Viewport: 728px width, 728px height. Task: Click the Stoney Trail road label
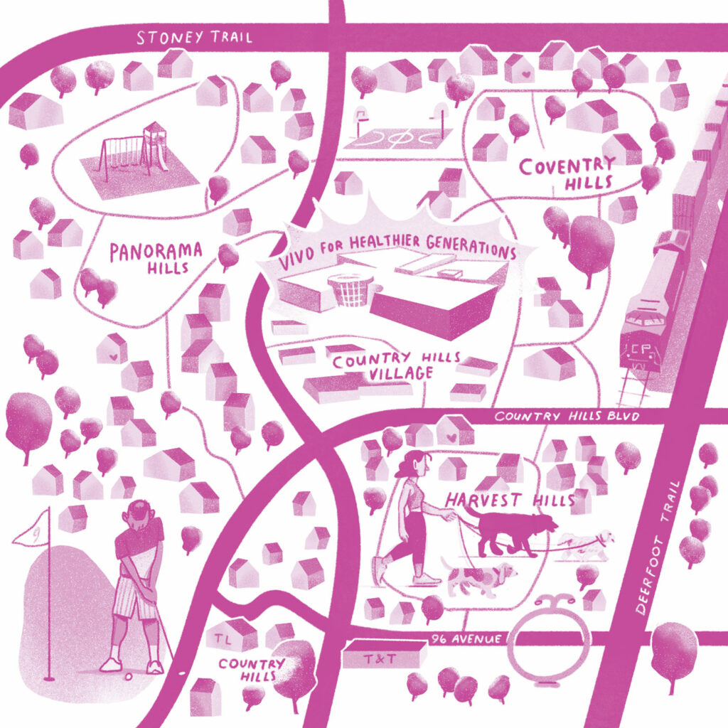click(193, 37)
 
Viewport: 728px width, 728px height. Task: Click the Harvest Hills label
click(509, 500)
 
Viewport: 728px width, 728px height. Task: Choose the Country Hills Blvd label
click(567, 416)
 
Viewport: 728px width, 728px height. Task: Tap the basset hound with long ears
click(478, 576)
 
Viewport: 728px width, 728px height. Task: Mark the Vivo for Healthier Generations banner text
click(399, 252)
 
